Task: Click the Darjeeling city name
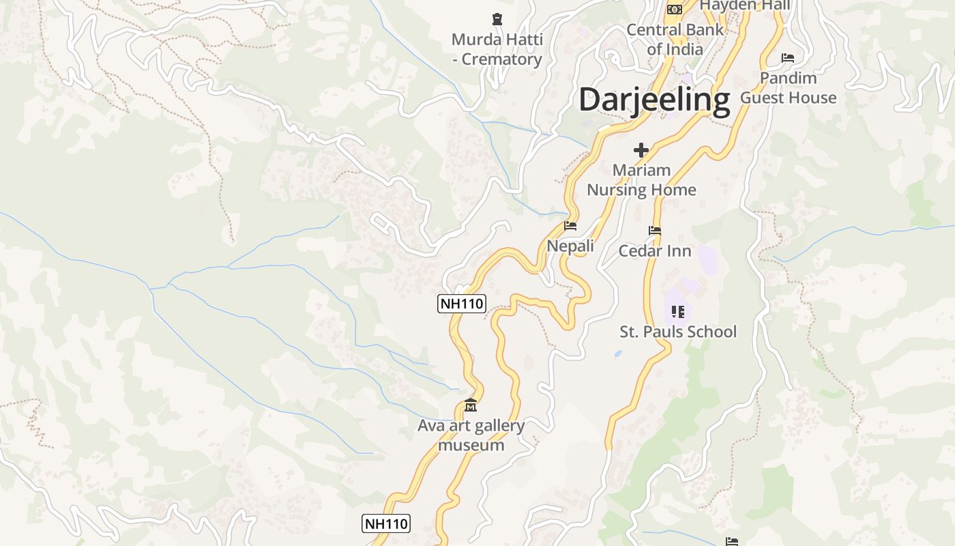(x=654, y=100)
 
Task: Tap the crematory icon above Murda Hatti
(x=497, y=19)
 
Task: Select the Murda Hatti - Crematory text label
(x=497, y=49)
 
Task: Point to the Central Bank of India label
(x=675, y=40)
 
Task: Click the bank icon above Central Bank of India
(x=675, y=9)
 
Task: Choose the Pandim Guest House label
(x=788, y=88)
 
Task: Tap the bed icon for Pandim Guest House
(x=788, y=58)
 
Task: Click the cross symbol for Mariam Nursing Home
(x=641, y=149)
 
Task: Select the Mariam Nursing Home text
(x=641, y=180)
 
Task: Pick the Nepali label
(x=570, y=246)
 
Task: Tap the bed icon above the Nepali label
(x=570, y=226)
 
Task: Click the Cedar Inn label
(x=655, y=250)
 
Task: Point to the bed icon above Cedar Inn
(x=655, y=231)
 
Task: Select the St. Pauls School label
(x=678, y=332)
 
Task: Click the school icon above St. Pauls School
(x=677, y=312)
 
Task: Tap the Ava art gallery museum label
(x=471, y=435)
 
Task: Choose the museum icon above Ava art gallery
(x=470, y=407)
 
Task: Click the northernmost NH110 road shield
(x=461, y=304)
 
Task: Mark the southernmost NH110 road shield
(x=385, y=523)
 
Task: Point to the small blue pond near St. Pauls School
(x=618, y=354)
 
